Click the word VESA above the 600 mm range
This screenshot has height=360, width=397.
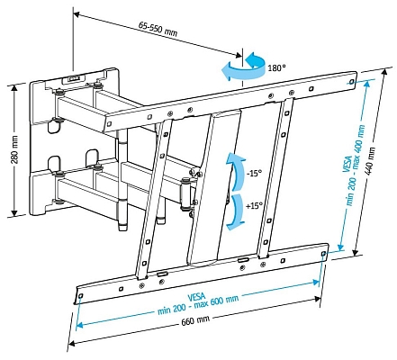tap(196, 296)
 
